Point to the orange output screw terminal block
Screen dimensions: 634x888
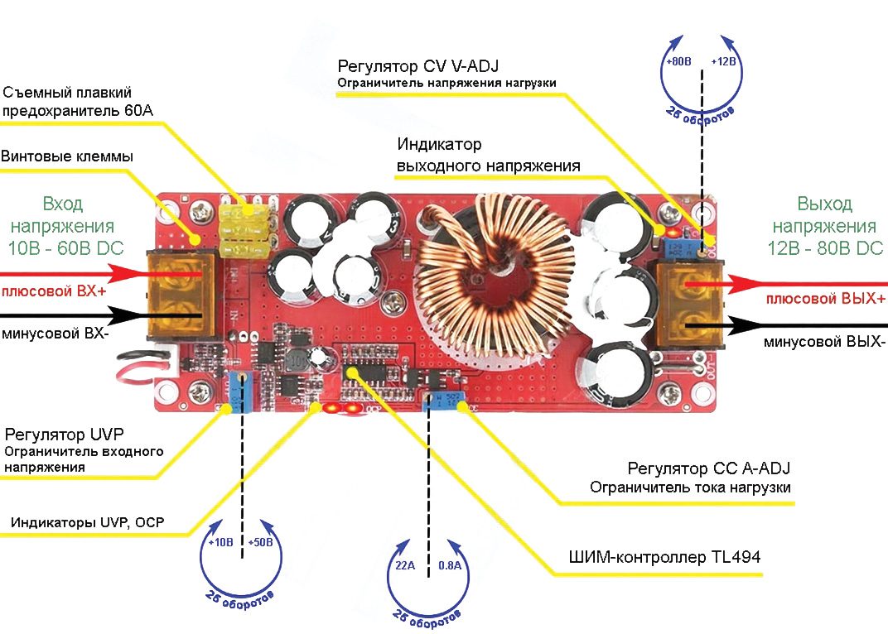688,305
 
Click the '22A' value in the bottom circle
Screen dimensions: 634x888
406,565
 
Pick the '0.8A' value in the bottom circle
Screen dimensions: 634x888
449,565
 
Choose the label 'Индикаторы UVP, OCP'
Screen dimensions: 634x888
87,522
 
